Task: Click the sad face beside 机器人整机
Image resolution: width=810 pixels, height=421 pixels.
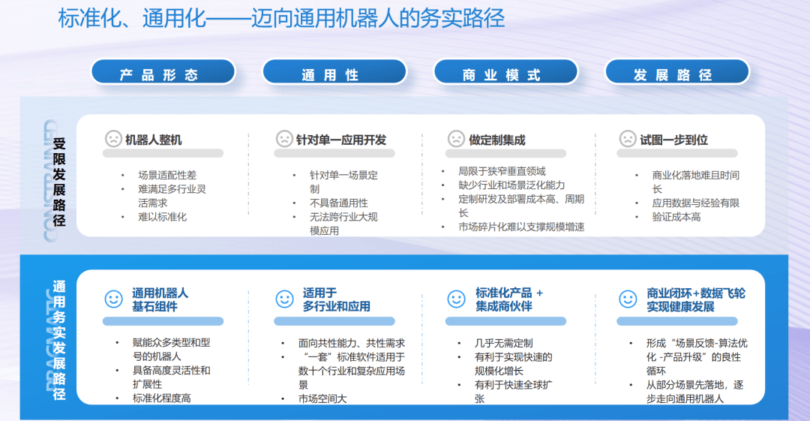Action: click(113, 139)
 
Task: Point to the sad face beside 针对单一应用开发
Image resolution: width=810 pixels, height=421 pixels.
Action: click(284, 139)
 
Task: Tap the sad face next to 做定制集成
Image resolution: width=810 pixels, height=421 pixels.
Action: click(456, 139)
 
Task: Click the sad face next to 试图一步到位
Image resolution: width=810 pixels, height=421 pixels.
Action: click(627, 139)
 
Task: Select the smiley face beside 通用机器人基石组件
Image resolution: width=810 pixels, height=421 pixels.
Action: click(113, 299)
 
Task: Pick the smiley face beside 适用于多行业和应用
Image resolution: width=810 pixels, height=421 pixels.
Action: click(284, 299)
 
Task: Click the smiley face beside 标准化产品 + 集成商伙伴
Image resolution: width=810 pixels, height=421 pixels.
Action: click(456, 299)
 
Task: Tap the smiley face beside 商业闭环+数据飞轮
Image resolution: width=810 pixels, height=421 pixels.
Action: click(627, 299)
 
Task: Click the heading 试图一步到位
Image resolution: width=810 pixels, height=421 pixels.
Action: click(673, 140)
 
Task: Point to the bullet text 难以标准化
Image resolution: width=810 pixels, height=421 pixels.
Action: click(162, 217)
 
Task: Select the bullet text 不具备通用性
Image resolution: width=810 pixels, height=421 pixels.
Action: click(339, 203)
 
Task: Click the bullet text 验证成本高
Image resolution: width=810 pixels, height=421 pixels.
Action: click(676, 217)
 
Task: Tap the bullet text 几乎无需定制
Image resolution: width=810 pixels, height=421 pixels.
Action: click(504, 343)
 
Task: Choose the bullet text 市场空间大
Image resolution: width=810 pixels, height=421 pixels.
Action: click(322, 398)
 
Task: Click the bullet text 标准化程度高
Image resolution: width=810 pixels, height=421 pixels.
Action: click(162, 398)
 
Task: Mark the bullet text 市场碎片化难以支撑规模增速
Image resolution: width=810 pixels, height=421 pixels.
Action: click(521, 227)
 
